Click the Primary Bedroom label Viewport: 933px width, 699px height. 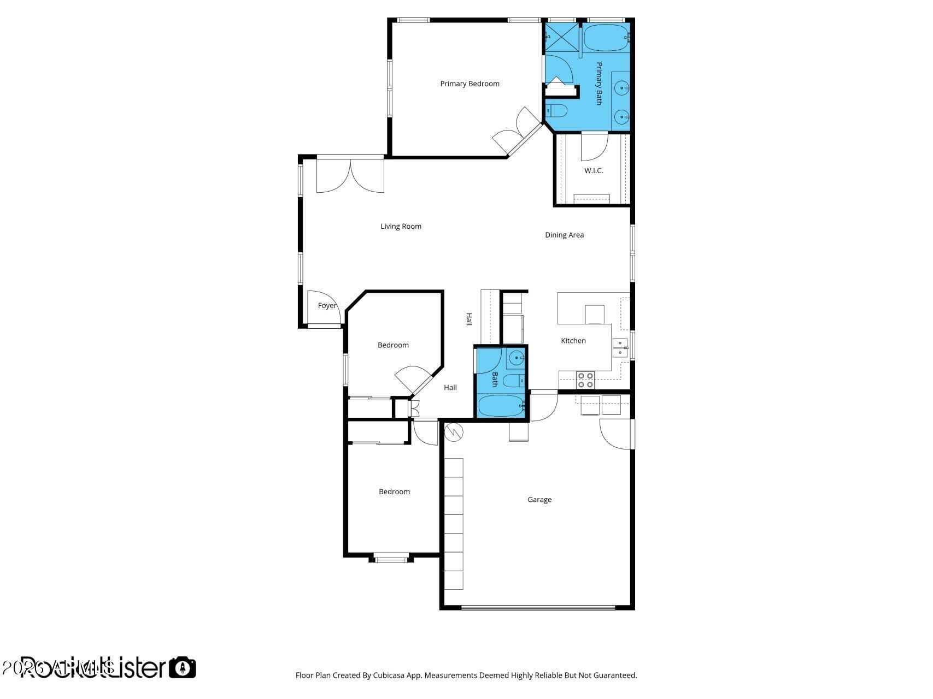coord(470,84)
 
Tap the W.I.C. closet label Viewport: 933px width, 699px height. coord(594,170)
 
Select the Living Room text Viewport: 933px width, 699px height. coord(401,226)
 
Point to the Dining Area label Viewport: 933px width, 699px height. coord(564,235)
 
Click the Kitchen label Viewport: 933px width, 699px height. coord(573,340)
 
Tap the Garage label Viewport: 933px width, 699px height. coord(539,499)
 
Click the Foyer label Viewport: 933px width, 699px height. coord(327,305)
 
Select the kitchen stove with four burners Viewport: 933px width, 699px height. coord(586,380)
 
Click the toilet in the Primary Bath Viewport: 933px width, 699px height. coord(557,111)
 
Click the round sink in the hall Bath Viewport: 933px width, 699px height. coord(517,358)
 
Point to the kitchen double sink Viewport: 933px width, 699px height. coord(620,347)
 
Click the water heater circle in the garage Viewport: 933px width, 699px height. coord(454,433)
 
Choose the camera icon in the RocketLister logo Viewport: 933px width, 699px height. coord(182,667)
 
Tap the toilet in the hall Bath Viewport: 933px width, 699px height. coord(513,380)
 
